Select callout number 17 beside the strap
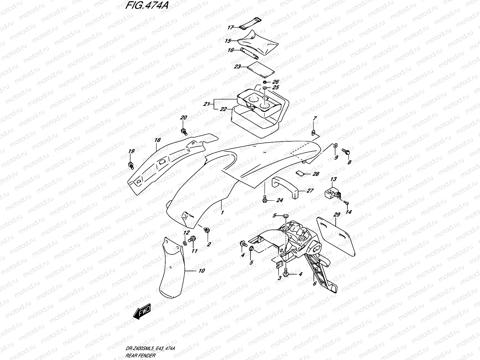(x=230, y=27)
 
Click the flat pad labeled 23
(x=261, y=70)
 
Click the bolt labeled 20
(x=184, y=131)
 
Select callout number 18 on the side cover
(x=157, y=140)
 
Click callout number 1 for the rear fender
(x=222, y=212)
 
